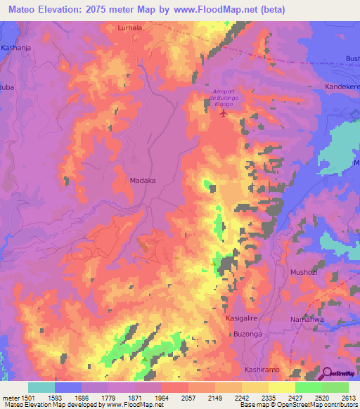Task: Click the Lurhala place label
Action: tap(130, 28)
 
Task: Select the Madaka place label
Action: tap(143, 181)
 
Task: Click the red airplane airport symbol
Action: tap(224, 112)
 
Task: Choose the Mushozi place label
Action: tap(305, 271)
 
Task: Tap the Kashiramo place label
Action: tap(262, 369)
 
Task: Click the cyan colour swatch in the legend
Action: tap(41, 387)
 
